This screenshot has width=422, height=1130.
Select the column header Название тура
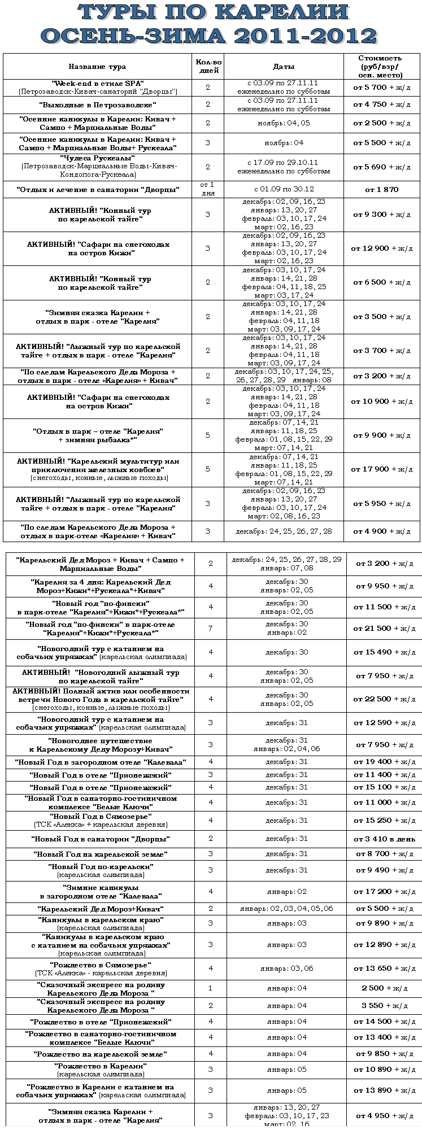(97, 67)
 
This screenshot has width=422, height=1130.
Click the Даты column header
(284, 67)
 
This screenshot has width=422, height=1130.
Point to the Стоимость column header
(380, 67)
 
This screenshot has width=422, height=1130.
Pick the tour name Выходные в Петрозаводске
(97, 105)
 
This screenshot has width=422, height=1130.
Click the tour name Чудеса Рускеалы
(97, 158)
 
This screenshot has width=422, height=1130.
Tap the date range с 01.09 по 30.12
(284, 190)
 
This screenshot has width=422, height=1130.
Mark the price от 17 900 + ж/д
(382, 469)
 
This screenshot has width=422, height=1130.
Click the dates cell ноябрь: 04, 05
(284, 123)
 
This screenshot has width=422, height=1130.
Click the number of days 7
(211, 629)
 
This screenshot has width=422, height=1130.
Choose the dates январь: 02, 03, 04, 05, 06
(286, 909)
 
